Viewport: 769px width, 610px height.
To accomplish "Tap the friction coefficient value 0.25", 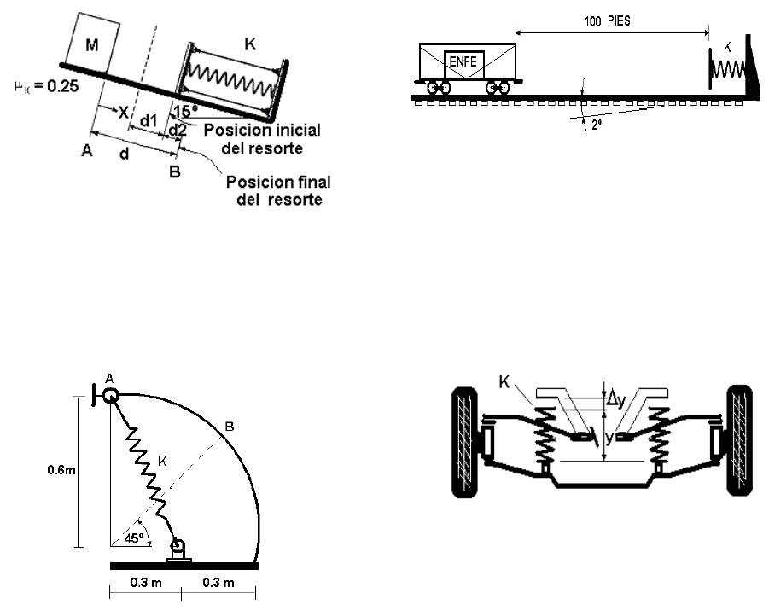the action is tap(63, 86).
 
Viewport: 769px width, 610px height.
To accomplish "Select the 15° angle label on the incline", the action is tap(185, 111).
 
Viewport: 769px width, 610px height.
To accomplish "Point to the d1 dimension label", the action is tap(149, 120).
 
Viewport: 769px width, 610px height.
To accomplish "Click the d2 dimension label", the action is tap(178, 131).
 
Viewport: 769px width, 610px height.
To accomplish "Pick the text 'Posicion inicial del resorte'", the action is tap(262, 139).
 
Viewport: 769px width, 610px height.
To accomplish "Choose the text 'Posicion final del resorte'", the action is tap(278, 191).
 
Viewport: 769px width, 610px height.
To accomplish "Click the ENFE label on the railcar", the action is tap(463, 61).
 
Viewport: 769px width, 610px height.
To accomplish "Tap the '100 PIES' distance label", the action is tap(607, 21).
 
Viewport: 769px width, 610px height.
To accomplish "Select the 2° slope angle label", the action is tap(597, 125).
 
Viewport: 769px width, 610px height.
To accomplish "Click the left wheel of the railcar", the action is tap(439, 88).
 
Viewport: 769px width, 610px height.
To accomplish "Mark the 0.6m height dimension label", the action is tap(61, 470).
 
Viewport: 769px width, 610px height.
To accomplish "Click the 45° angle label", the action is tap(134, 538).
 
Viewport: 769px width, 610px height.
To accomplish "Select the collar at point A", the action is tap(110, 395).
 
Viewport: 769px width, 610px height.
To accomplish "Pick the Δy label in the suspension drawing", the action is tap(616, 399).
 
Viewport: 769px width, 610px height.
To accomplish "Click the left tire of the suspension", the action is tap(464, 442).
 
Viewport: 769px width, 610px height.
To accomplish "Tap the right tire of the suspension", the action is tap(739, 440).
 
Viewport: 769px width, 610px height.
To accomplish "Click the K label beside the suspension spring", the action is tap(504, 381).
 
